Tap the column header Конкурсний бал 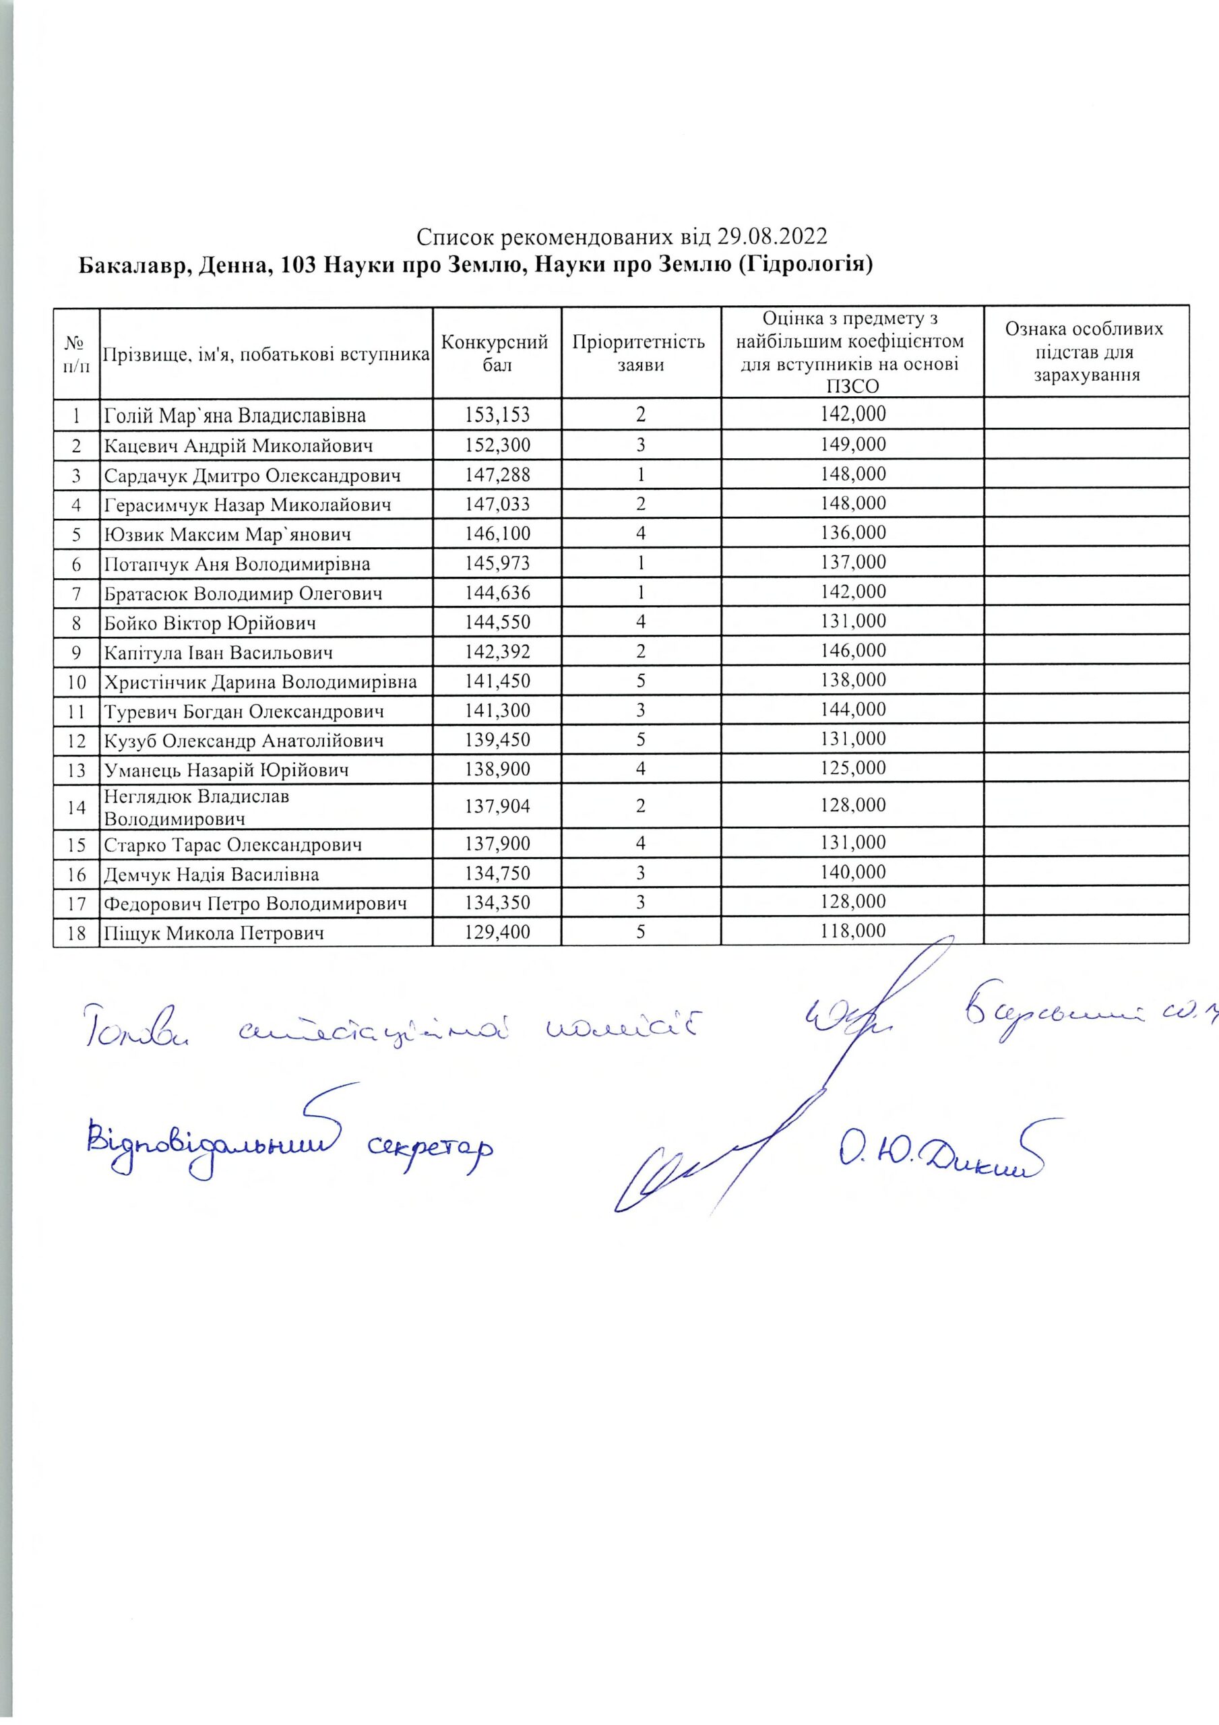coord(496,353)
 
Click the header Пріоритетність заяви coord(640,353)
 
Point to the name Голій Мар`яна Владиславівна coord(235,414)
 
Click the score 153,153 coord(496,414)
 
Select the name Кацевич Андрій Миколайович coord(239,445)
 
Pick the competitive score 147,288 coord(496,474)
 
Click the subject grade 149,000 coord(852,445)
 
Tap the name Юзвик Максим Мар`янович coord(228,534)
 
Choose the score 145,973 coord(496,563)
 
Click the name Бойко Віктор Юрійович coord(210,623)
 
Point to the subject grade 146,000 coord(852,651)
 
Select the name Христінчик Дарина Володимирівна coord(261,681)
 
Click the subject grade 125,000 coord(852,769)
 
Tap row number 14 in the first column coord(76,807)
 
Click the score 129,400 coord(496,933)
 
